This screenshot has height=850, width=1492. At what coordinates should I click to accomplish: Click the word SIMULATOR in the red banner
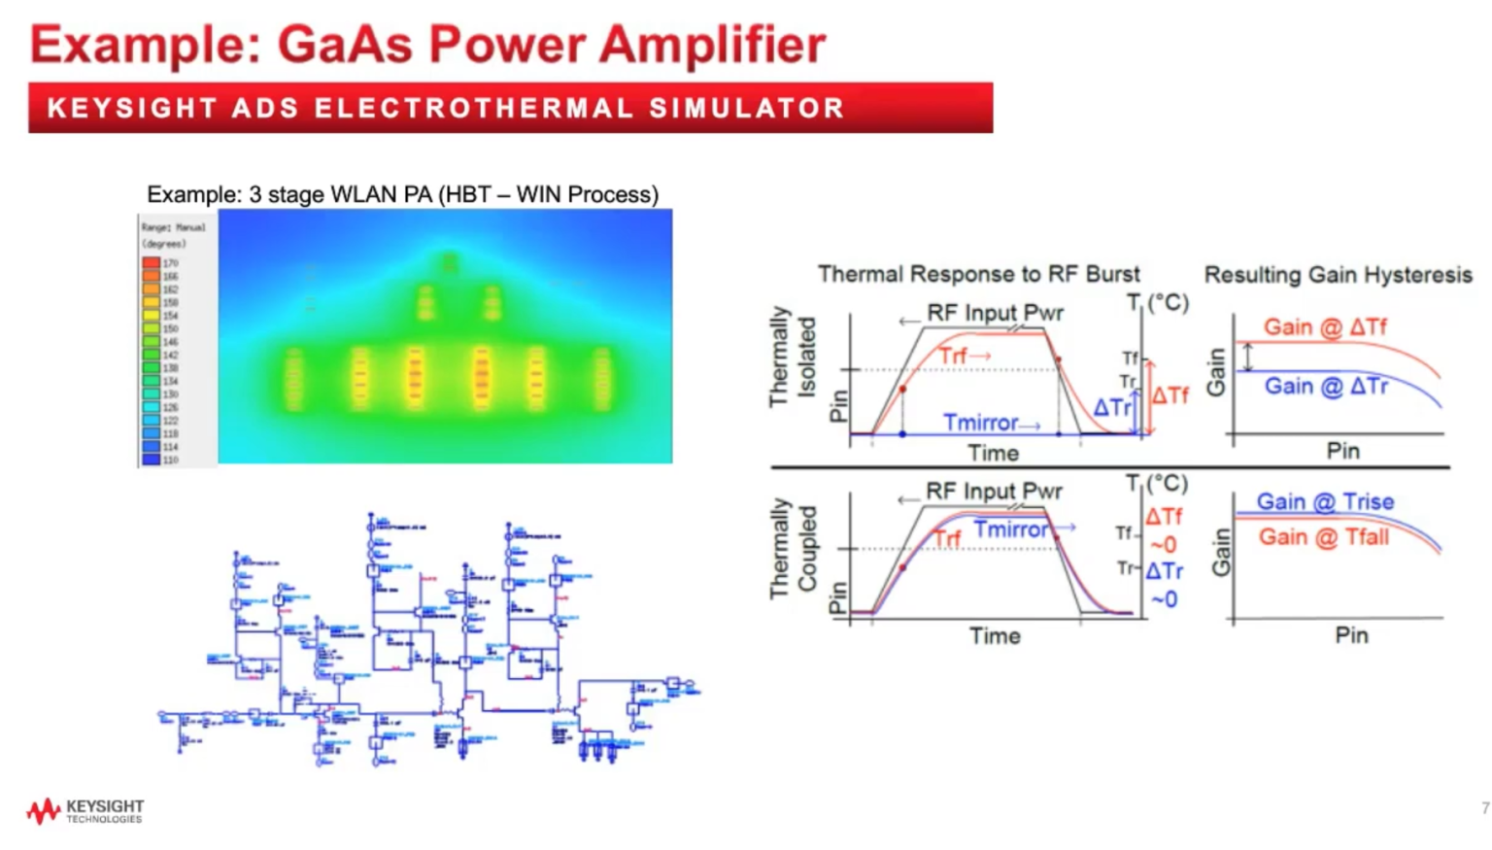coord(747,108)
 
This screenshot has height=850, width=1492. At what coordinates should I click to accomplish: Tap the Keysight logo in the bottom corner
coord(85,811)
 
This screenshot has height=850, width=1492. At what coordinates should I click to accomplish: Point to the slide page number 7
coord(1484,808)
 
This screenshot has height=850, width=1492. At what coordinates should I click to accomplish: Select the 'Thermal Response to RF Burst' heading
coord(978,274)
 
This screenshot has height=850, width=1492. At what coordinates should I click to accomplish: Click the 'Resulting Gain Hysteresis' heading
coord(1338,275)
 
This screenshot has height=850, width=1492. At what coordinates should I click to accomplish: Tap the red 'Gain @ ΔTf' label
coord(1325,327)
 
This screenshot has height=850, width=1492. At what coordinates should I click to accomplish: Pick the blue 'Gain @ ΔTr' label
coord(1326,387)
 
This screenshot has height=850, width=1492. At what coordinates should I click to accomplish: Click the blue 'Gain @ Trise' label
coord(1325,502)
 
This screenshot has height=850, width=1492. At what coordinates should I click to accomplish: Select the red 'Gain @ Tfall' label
coord(1324,537)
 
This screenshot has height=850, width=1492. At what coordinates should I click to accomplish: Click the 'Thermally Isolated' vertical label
coord(792,357)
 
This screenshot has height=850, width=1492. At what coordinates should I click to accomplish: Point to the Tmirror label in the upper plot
coord(981,423)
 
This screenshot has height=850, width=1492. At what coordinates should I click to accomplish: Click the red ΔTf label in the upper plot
coord(1170,395)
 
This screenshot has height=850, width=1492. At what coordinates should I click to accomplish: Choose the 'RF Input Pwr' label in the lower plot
coord(994,492)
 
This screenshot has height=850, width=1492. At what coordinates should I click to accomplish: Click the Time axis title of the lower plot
coord(995,636)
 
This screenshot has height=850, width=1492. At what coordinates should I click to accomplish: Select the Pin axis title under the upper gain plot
coord(1343,451)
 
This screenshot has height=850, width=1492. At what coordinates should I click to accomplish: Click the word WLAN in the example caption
coord(363,194)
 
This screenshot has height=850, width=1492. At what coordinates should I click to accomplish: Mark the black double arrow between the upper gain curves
coord(1249,357)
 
